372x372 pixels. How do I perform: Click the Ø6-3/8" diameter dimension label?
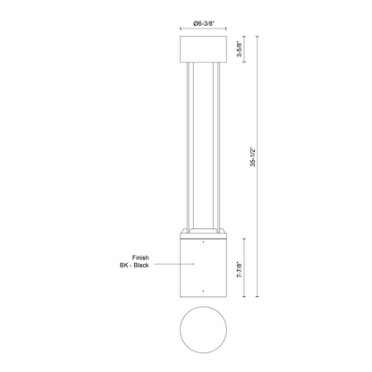coord(204,23)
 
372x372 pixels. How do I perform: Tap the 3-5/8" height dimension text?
coord(240,49)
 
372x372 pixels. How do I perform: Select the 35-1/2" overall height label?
coord(253,156)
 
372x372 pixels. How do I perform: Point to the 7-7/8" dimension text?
coord(240,270)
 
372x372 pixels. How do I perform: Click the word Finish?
coord(140,258)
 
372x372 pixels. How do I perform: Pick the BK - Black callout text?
coord(134,265)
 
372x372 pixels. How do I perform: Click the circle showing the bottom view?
coord(203,329)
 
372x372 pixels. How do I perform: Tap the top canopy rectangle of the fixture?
coord(203,49)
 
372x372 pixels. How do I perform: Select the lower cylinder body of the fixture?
coord(203,267)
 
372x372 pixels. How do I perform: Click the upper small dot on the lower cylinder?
coord(203,242)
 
